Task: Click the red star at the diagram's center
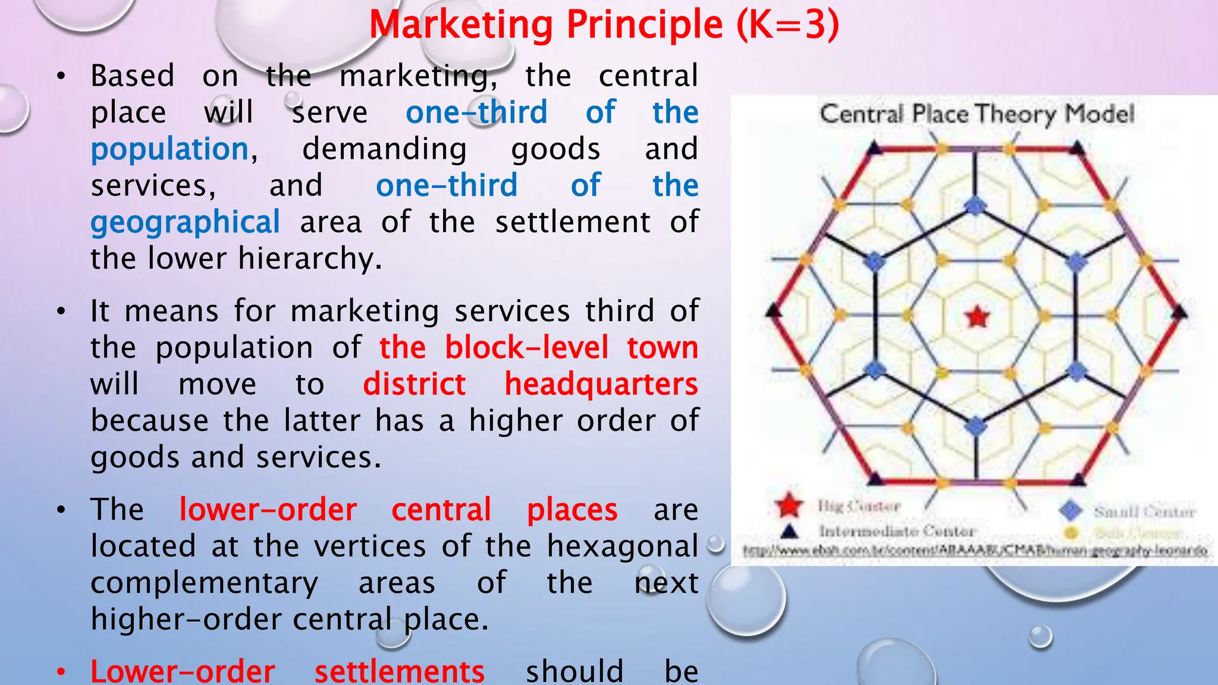point(977,317)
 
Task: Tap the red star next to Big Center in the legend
point(789,505)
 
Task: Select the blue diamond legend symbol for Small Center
point(1071,510)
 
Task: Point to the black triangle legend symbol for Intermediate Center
point(789,530)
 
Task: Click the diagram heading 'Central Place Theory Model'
point(977,114)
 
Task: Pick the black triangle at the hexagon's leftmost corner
point(774,310)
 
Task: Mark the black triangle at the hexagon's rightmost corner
point(1180,311)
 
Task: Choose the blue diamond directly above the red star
point(975,206)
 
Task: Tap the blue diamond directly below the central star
point(975,426)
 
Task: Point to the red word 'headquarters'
point(601,384)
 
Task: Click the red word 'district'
point(414,384)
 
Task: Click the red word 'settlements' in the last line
point(400,671)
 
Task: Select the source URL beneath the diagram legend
point(975,551)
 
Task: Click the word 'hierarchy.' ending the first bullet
point(309,259)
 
